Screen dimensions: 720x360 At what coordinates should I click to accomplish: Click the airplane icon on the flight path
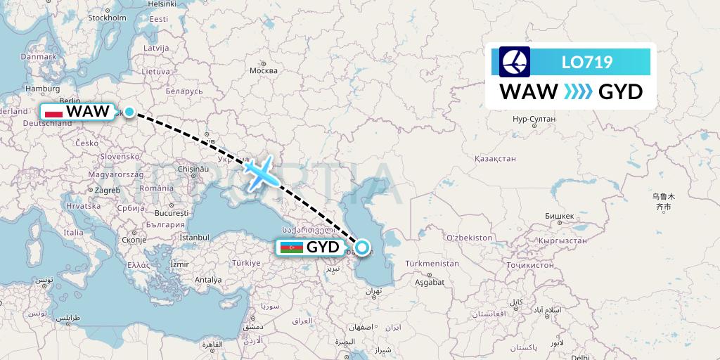[261, 172]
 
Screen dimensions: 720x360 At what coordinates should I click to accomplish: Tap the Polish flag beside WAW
[53, 111]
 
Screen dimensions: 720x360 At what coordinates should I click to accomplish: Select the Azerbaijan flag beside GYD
[291, 247]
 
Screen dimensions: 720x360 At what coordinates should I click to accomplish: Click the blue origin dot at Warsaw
[129, 111]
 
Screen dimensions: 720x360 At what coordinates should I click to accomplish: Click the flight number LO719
[587, 62]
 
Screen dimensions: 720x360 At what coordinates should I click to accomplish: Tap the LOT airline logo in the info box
[515, 62]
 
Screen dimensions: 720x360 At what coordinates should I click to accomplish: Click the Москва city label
[264, 70]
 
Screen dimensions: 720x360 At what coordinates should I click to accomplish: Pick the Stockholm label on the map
[107, 18]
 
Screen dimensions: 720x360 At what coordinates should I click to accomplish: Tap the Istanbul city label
[194, 238]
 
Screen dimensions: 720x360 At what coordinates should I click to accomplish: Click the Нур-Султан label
[534, 119]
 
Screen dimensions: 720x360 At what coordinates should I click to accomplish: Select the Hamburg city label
[42, 89]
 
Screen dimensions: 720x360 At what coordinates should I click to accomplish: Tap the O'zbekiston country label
[469, 238]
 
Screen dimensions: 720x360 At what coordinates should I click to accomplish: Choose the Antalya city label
[209, 280]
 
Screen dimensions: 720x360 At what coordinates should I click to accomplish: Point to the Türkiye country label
[247, 262]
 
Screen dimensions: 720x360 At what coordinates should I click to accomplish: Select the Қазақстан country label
[495, 160]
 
